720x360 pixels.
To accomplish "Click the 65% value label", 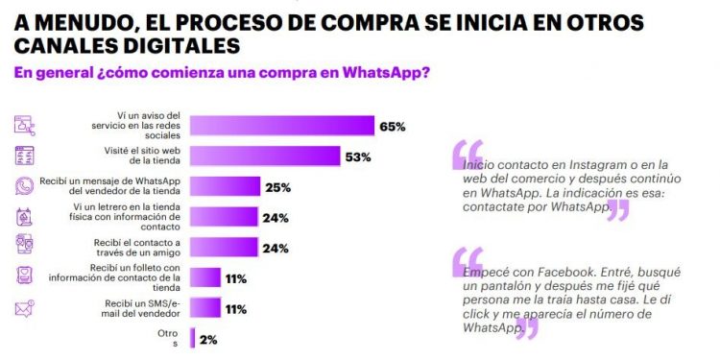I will [393, 127].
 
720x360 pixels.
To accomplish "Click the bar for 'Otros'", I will [193, 338].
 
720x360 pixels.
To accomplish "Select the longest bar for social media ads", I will [282, 126].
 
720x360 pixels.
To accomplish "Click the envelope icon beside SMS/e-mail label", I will [25, 308].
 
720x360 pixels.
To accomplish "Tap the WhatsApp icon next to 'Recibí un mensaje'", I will [25, 186].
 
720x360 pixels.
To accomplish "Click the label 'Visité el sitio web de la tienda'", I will [144, 156].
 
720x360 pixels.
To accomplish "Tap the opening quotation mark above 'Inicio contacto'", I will [467, 153].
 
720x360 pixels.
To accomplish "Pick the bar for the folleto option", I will [205, 278].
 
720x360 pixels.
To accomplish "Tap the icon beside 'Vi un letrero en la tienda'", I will [25, 217].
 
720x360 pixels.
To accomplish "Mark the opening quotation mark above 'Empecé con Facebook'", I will [467, 259].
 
